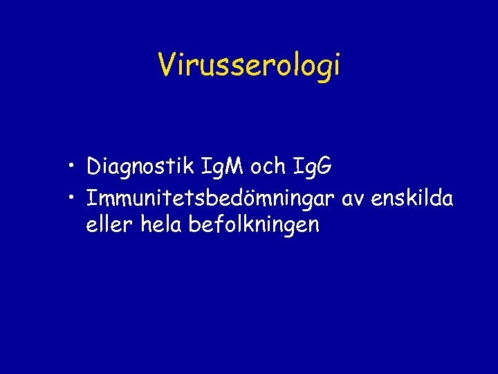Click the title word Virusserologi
(249, 65)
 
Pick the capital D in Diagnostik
(95, 166)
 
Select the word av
(353, 199)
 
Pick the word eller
(109, 224)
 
